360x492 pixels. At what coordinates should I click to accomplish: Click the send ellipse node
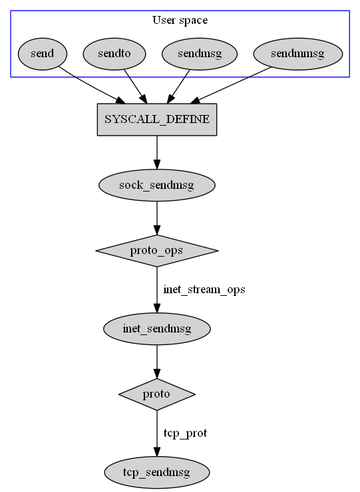(43, 54)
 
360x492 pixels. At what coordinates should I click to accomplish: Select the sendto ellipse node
(114, 54)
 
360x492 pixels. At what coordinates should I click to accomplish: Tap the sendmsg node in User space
(200, 54)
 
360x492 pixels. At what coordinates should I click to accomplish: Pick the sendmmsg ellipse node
(298, 54)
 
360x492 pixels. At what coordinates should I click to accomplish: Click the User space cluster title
(180, 20)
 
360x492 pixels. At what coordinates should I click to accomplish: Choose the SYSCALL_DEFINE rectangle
(157, 120)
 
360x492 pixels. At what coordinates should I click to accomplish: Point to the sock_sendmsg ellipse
(157, 185)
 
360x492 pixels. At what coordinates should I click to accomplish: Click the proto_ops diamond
(157, 251)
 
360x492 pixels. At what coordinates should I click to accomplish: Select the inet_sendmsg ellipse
(157, 328)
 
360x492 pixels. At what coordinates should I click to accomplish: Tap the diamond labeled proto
(157, 394)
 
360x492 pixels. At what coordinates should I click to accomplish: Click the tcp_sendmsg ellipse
(157, 472)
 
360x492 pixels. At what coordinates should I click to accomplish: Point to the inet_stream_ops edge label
(204, 289)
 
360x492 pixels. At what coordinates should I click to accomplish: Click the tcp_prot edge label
(186, 433)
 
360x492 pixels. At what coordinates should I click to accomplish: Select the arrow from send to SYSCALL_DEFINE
(92, 84)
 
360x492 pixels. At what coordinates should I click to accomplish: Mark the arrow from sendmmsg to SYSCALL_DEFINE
(231, 85)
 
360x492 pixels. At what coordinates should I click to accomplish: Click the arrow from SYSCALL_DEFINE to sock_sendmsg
(157, 152)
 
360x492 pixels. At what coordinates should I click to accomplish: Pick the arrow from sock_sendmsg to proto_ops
(157, 218)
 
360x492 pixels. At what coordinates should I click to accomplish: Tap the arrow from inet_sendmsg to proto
(157, 362)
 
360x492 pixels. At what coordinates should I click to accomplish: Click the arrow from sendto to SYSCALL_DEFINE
(135, 86)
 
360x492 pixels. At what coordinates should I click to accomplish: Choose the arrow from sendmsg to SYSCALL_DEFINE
(178, 86)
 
